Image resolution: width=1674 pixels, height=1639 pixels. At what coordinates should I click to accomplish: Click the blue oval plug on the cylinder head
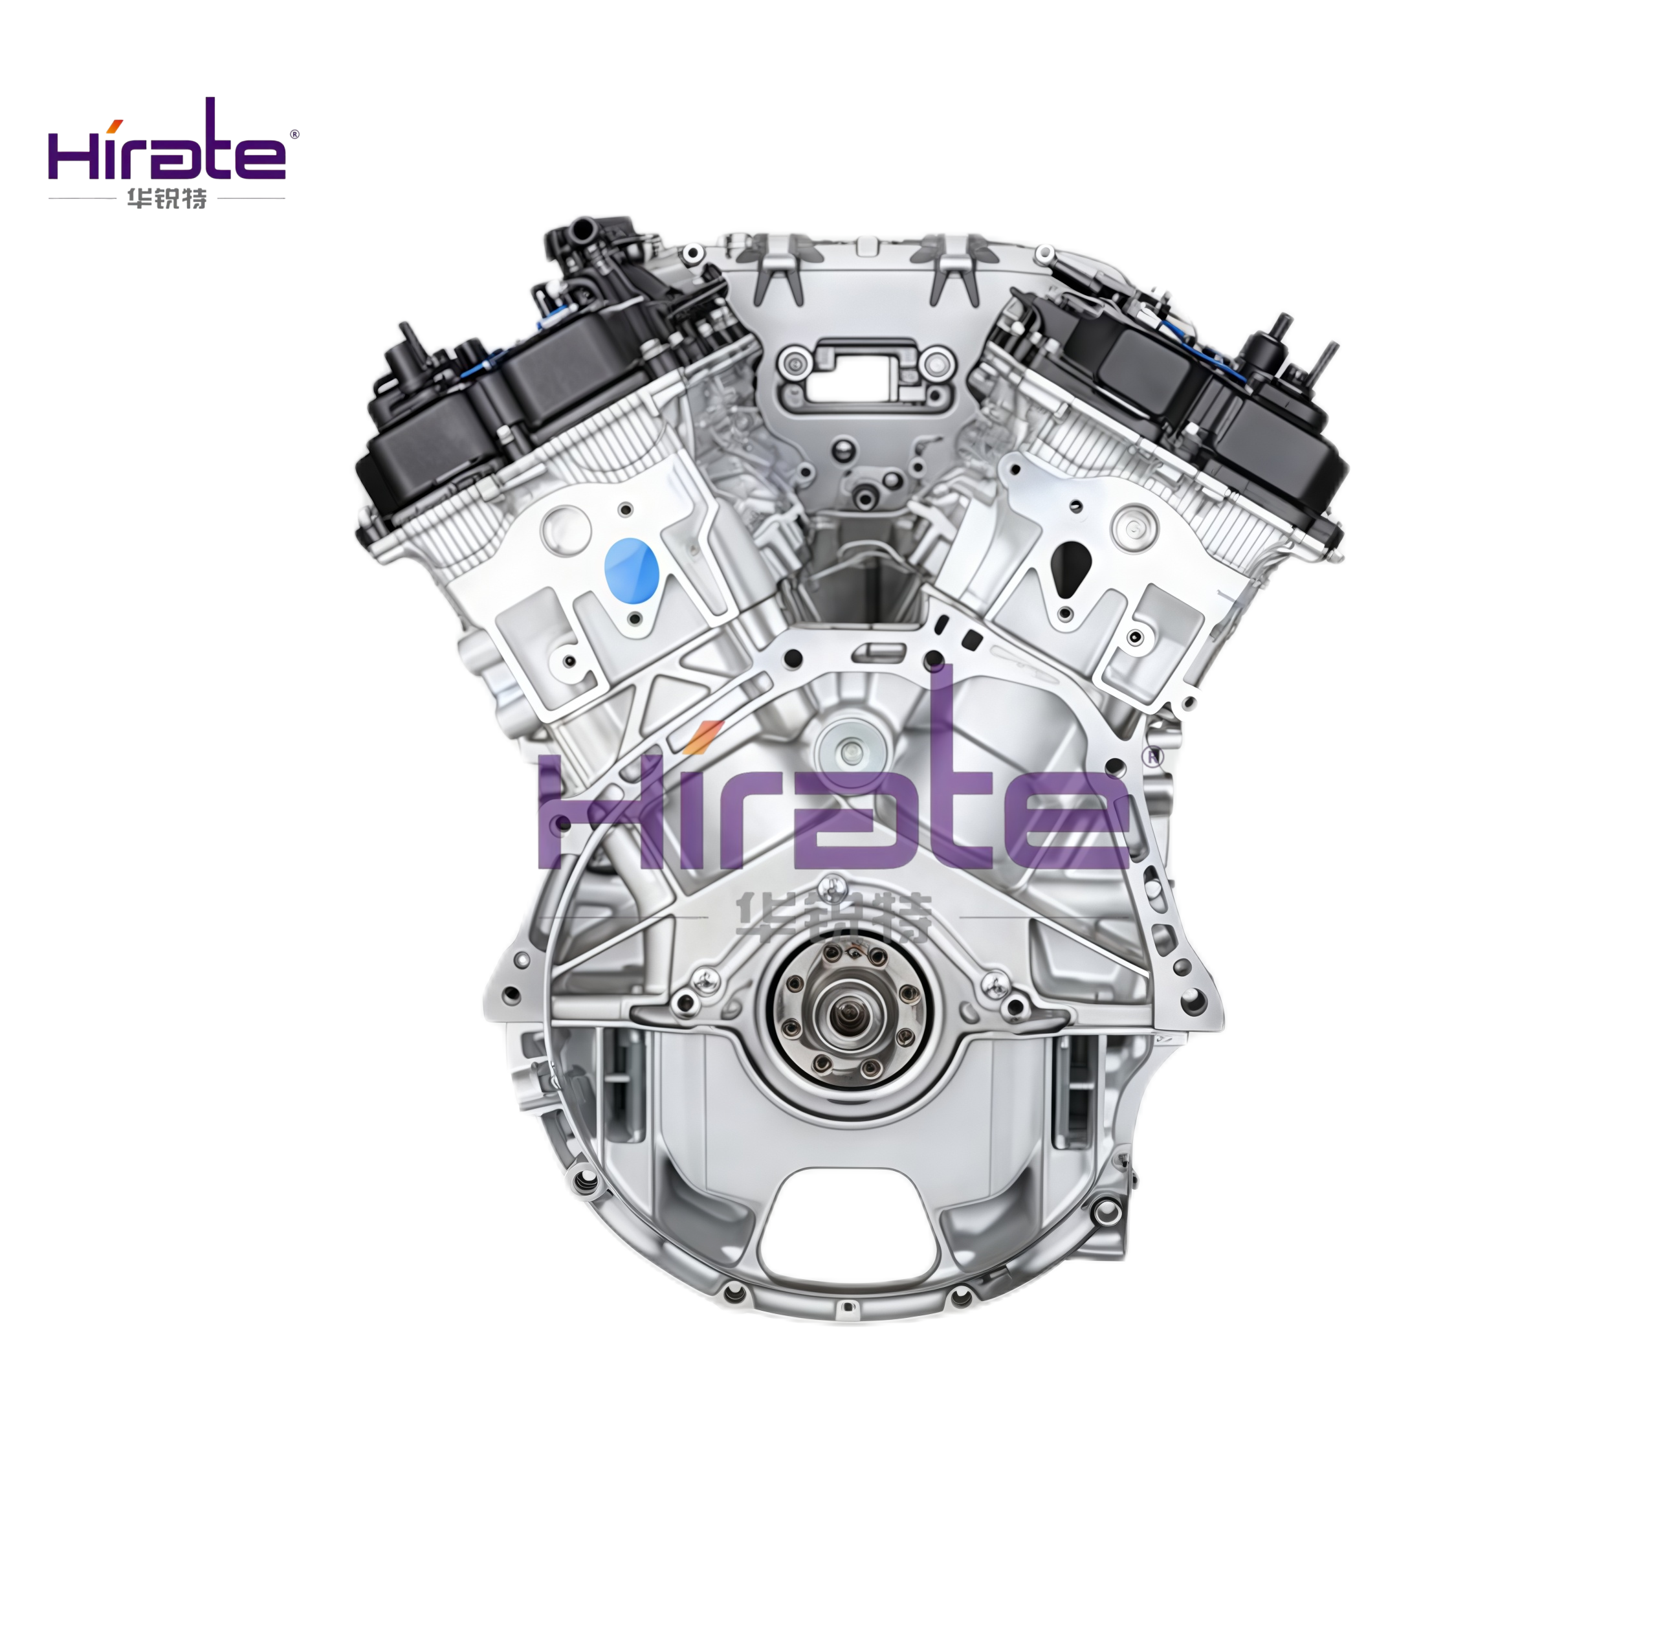tap(631, 569)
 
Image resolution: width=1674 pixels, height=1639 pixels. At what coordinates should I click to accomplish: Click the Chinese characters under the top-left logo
tap(166, 199)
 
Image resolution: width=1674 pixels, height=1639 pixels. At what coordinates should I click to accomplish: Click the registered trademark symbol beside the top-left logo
tap(294, 134)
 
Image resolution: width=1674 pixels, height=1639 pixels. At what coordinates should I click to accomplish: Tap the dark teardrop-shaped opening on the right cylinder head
tap(1071, 569)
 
